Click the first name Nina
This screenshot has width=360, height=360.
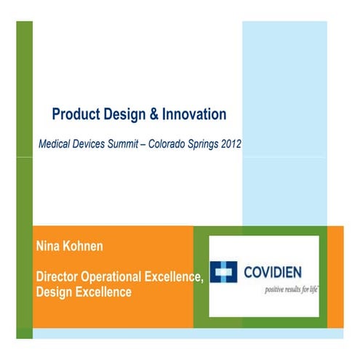tap(48, 247)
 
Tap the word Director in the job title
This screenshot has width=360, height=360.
tap(59, 279)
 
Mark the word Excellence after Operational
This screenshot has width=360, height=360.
tap(175, 279)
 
